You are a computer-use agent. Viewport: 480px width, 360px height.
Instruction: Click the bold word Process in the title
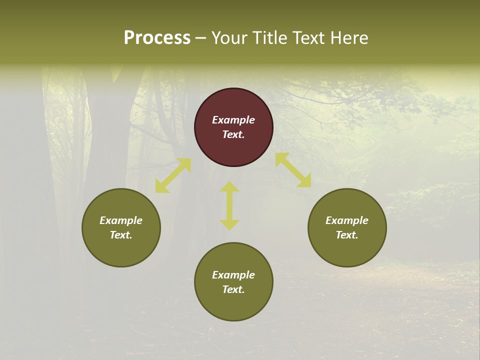[x=157, y=38]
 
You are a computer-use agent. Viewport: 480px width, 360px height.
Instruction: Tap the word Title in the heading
[x=270, y=38]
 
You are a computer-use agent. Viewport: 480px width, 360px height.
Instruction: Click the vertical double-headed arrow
[x=229, y=205]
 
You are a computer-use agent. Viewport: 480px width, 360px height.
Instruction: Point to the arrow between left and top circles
[x=173, y=175]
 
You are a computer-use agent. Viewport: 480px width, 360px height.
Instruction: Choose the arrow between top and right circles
[x=293, y=170]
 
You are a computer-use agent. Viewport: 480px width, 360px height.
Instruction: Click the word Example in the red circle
[x=233, y=120]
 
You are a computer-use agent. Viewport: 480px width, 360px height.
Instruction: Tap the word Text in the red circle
[x=233, y=134]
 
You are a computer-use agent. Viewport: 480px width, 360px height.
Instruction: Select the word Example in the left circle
[x=121, y=220]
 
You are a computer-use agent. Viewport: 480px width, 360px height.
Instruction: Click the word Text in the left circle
[x=121, y=235]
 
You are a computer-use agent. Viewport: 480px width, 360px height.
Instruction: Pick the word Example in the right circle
[x=347, y=220]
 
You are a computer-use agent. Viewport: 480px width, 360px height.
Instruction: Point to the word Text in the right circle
[x=347, y=235]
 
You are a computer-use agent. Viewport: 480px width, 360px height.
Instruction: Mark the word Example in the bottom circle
[x=233, y=275]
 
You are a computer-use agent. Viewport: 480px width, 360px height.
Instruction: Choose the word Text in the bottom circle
[x=233, y=289]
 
